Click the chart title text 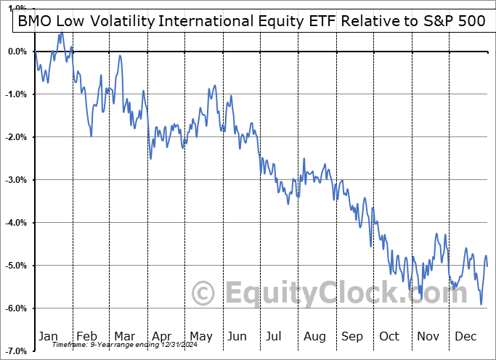pyautogui.click(x=248, y=22)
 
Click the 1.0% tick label pyautogui.click(x=17, y=9)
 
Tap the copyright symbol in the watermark pyautogui.click(x=203, y=294)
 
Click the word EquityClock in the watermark pyautogui.click(x=305, y=294)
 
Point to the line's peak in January pyautogui.click(x=61, y=32)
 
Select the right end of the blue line pyautogui.click(x=487, y=266)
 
